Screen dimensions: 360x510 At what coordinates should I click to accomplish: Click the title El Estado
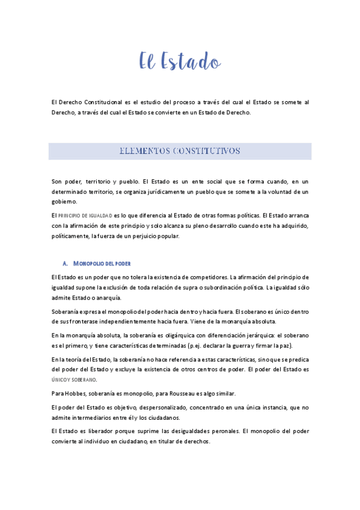tap(180, 61)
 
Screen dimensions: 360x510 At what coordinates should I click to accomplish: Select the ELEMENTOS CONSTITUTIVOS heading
tap(180, 150)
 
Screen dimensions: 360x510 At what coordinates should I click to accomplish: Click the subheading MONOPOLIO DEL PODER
tap(102, 263)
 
